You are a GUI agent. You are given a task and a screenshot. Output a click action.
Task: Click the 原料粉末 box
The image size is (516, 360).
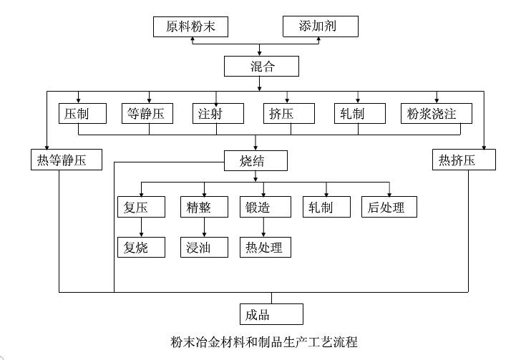click(x=190, y=27)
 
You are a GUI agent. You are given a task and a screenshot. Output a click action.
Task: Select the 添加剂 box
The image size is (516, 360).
click(x=318, y=27)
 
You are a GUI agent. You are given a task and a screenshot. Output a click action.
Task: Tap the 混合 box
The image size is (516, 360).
click(x=261, y=67)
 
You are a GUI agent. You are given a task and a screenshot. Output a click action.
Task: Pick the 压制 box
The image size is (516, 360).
click(x=83, y=113)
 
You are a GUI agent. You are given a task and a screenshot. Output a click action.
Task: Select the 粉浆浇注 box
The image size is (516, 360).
click(x=437, y=113)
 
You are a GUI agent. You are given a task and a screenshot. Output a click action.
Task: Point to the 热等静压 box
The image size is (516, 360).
click(x=67, y=160)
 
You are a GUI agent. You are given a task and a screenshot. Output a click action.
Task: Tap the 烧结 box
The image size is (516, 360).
click(x=255, y=160)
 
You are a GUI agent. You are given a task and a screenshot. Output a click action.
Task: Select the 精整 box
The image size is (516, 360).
click(x=204, y=207)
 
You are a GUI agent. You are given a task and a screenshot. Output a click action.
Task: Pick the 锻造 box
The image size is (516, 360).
click(x=265, y=207)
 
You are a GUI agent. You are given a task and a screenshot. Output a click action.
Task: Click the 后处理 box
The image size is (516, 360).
click(x=389, y=207)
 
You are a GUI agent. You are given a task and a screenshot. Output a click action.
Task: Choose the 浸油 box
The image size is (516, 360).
click(x=204, y=248)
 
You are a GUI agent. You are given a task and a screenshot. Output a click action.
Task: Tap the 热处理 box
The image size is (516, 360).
click(x=265, y=248)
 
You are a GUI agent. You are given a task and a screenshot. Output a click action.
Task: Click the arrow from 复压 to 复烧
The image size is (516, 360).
click(x=142, y=228)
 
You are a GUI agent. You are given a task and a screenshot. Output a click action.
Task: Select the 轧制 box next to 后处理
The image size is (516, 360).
click(x=326, y=207)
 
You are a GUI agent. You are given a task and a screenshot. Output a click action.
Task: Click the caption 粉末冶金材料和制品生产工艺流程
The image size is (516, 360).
click(x=264, y=341)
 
